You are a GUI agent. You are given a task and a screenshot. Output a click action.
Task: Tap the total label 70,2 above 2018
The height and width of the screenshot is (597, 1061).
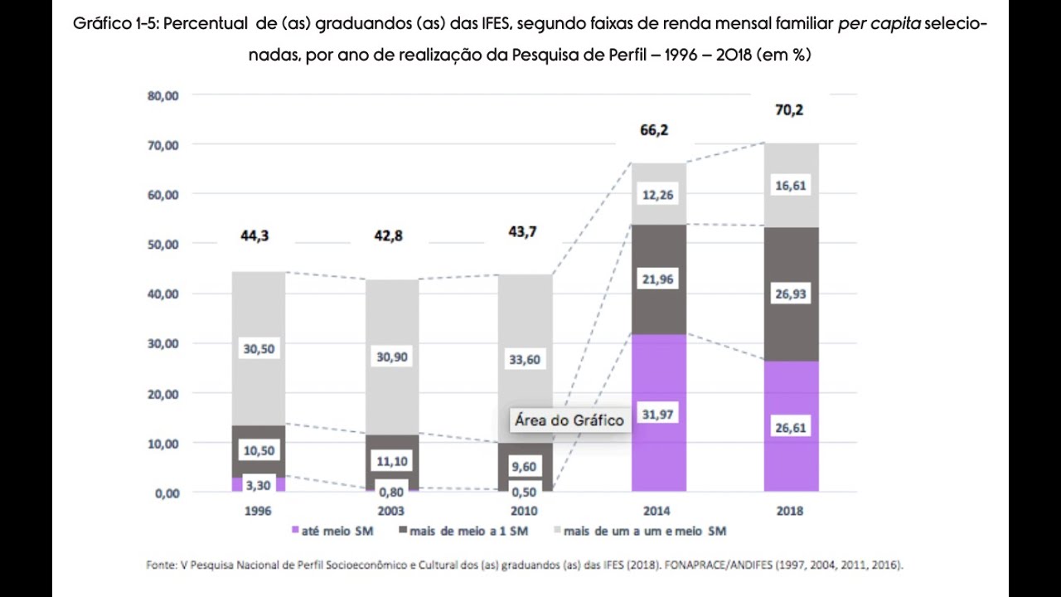click(x=789, y=109)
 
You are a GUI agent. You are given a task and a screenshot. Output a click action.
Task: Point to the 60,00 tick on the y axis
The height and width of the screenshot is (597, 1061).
click(x=162, y=195)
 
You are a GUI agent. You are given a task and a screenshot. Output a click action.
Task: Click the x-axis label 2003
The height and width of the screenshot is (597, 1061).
click(x=390, y=511)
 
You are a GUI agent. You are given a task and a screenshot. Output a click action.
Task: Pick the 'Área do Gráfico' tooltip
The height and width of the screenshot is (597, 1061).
click(x=569, y=420)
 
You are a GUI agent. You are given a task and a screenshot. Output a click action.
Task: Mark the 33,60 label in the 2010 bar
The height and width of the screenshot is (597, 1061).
click(x=524, y=359)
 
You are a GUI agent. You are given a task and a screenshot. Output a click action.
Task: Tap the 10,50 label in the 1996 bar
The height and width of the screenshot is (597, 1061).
click(x=258, y=450)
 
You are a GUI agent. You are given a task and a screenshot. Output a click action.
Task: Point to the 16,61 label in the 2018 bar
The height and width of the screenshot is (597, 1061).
click(x=789, y=187)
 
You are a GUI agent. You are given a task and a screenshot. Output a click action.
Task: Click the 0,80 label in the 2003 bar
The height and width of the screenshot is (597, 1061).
click(x=390, y=491)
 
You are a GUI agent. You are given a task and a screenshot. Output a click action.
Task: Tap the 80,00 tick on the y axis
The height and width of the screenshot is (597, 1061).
click(x=162, y=95)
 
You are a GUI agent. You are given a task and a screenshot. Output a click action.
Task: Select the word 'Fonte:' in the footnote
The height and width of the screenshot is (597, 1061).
click(x=160, y=565)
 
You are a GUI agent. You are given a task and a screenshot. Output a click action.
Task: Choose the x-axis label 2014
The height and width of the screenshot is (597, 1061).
click(x=656, y=511)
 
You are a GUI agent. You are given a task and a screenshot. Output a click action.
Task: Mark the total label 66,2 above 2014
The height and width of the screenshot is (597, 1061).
click(x=653, y=130)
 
